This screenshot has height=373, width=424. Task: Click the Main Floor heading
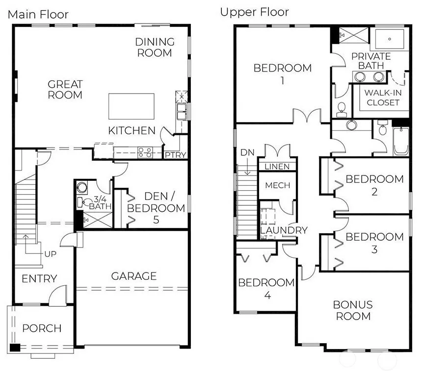pyautogui.click(x=38, y=14)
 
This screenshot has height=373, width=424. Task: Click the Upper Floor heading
pyautogui.click(x=255, y=12)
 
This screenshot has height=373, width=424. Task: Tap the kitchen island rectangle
pyautogui.click(x=132, y=106)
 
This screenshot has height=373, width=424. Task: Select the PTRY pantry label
pyautogui.click(x=176, y=155)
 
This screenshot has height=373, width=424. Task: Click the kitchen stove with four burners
pyautogui.click(x=145, y=152)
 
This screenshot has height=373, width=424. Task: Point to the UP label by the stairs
pyautogui.click(x=50, y=254)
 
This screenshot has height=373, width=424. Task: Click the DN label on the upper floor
pyautogui.click(x=247, y=152)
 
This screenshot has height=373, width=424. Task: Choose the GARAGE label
pyautogui.click(x=134, y=276)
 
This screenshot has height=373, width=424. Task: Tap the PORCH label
pyautogui.click(x=42, y=328)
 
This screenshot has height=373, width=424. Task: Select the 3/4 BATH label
pyautogui.click(x=100, y=203)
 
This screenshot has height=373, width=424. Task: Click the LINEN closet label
pyautogui.click(x=277, y=167)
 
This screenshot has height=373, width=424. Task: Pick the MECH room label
pyautogui.click(x=278, y=185)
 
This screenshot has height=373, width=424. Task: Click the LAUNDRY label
pyautogui.click(x=284, y=230)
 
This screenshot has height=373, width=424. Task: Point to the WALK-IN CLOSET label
pyautogui.click(x=383, y=98)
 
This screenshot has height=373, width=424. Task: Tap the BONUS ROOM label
pyautogui.click(x=353, y=310)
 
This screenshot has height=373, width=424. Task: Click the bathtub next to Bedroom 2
pyautogui.click(x=401, y=141)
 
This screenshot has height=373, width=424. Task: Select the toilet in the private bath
pyautogui.click(x=342, y=110)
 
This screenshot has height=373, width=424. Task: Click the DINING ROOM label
pyautogui.click(x=155, y=47)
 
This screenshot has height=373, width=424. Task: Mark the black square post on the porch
pyautogui.click(x=15, y=348)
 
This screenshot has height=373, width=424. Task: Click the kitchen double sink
pyautogui.click(x=182, y=112)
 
